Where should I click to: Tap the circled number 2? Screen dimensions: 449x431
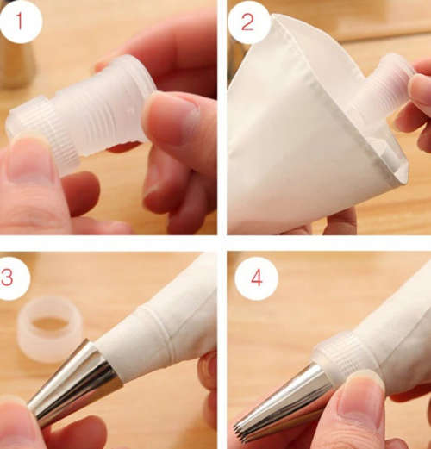[x=248, y=23]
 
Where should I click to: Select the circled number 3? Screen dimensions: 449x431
[x=14, y=278]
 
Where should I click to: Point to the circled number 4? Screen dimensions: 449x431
[x=255, y=278]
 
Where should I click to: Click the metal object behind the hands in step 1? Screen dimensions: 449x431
[x=17, y=60]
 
